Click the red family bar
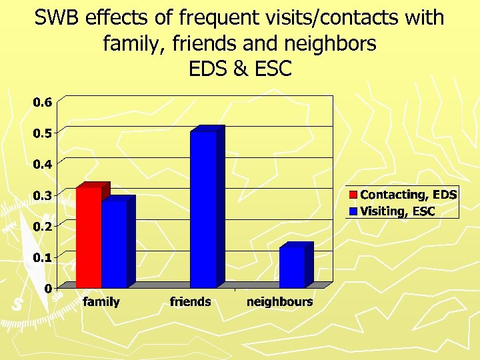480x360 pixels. (x=89, y=237)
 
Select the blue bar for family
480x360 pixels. (x=114, y=244)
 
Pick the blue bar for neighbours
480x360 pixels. (x=292, y=267)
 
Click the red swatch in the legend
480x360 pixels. (x=353, y=195)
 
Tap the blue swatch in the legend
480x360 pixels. (x=353, y=212)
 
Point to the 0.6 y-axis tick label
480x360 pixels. (x=43, y=103)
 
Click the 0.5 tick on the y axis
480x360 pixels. (x=43, y=133)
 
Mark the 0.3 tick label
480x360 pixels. (x=43, y=195)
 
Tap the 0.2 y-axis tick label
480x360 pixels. (x=43, y=227)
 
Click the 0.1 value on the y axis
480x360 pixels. (x=43, y=257)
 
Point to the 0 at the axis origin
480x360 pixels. (x=49, y=288)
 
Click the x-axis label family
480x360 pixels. (x=101, y=302)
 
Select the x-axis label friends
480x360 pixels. (x=190, y=302)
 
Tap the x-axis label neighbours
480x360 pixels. (x=279, y=302)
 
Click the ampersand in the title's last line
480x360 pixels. (x=240, y=69)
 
